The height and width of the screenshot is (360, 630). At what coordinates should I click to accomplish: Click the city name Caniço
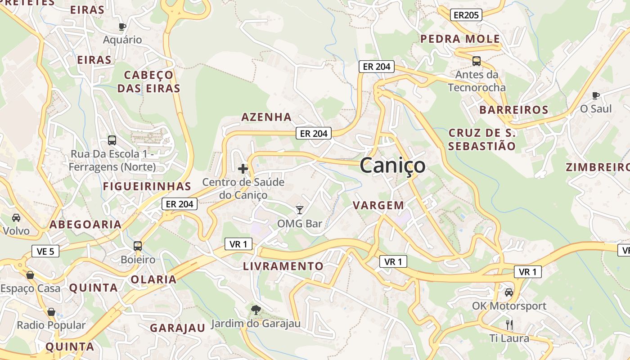[392, 165]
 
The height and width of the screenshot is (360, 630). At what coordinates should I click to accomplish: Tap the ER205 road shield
[466, 15]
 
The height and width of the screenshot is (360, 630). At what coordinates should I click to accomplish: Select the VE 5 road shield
[45, 251]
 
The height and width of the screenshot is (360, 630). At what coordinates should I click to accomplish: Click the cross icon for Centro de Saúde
[243, 169]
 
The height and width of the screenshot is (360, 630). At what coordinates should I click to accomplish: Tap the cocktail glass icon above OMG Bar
[300, 210]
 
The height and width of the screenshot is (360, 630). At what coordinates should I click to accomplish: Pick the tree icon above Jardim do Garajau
[256, 310]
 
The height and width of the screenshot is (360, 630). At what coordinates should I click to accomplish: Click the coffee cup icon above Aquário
[122, 27]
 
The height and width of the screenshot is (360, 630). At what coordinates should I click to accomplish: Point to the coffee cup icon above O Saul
[596, 95]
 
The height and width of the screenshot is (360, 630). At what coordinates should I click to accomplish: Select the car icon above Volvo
[16, 218]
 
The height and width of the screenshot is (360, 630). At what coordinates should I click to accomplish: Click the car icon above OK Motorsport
[509, 292]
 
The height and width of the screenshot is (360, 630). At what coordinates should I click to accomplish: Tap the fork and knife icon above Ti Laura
[509, 324]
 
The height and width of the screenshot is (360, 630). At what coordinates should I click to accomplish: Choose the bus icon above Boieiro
[138, 246]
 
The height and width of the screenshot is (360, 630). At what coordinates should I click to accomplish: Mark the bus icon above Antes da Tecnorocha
[477, 61]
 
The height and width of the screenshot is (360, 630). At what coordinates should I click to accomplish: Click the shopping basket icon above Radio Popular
[51, 312]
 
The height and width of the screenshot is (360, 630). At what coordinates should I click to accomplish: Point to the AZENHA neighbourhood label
[266, 117]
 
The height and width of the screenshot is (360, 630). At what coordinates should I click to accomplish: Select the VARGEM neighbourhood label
[378, 205]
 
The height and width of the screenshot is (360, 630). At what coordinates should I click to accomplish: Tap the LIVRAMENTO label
[283, 266]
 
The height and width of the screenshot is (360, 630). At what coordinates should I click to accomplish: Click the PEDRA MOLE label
[460, 39]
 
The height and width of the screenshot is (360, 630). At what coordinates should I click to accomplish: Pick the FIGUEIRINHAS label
[147, 186]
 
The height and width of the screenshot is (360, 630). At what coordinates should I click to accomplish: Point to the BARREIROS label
[513, 110]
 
